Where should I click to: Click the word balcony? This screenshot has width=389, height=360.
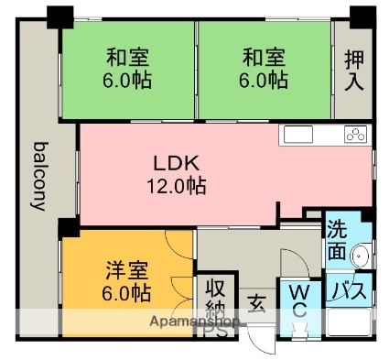[39, 176]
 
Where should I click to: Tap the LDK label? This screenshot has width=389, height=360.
[177, 163]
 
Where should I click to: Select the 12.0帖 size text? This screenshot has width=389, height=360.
[177, 186]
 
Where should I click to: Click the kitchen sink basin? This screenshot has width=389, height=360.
[298, 135]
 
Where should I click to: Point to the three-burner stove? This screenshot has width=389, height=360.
[355, 135]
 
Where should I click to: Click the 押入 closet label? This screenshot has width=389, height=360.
[354, 71]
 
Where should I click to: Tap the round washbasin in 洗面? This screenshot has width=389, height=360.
[361, 255]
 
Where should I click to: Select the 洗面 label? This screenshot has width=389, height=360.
[337, 242]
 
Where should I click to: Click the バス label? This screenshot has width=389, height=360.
[349, 290]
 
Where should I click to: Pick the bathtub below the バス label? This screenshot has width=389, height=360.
[349, 322]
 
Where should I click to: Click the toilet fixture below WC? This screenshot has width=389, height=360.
[298, 332]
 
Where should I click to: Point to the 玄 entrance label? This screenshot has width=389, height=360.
[256, 304]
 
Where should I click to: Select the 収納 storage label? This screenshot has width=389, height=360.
[215, 298]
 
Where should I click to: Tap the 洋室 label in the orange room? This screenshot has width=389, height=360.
[127, 270]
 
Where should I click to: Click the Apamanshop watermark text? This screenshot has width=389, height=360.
[195, 322]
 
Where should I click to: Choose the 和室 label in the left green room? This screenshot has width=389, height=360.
[127, 58]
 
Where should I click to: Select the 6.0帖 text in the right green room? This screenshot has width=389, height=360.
[263, 81]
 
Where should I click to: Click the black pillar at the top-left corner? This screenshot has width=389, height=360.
[60, 16]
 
